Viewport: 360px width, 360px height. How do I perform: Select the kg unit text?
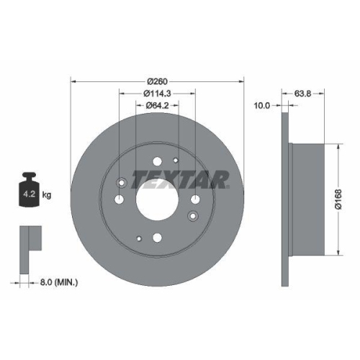[x=46, y=194]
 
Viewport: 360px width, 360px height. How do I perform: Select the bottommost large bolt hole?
[x=158, y=237]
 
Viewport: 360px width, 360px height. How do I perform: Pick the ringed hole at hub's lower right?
[x=192, y=215]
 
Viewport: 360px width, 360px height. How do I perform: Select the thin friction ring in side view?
[x=285, y=198]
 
